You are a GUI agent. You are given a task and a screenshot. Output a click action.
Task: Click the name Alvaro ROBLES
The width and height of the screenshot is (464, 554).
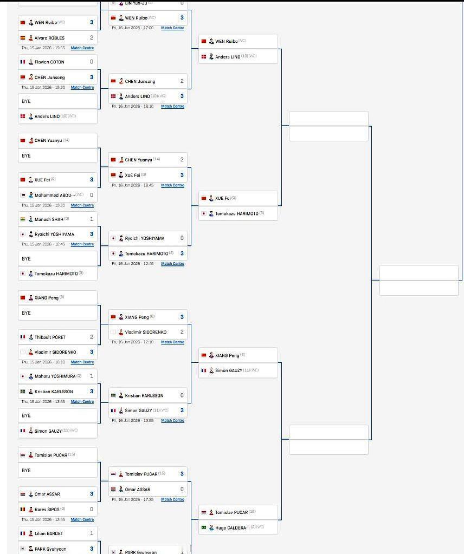[49, 38]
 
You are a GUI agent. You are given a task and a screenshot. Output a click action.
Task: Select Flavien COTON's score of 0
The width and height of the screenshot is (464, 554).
[92, 62]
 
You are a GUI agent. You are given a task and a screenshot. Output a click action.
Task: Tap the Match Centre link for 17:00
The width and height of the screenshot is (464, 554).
[172, 28]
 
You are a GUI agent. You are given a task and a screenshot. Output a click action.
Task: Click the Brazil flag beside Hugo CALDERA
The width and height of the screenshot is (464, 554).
[204, 527]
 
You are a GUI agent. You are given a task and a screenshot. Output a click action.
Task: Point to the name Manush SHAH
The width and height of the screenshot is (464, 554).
[49, 219]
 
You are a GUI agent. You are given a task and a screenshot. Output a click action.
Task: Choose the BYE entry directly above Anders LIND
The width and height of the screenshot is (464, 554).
[27, 101]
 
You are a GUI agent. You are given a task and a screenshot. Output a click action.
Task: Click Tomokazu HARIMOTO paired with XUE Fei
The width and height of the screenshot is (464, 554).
[237, 214]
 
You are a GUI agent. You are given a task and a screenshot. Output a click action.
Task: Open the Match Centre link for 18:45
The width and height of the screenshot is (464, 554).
[172, 185]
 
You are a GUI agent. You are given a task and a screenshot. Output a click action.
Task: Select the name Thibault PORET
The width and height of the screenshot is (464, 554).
[50, 337]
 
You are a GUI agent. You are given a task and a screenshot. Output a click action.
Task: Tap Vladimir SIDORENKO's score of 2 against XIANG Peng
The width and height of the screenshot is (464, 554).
[182, 332]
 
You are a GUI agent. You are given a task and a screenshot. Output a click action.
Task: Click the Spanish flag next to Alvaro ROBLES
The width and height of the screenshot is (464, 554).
[23, 38]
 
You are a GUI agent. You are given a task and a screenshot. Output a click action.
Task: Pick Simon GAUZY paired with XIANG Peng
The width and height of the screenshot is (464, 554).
[229, 370]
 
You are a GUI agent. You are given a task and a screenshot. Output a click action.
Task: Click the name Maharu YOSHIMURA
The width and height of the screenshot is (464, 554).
[55, 376]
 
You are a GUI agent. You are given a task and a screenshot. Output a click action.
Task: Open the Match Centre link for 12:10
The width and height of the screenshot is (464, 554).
[172, 342]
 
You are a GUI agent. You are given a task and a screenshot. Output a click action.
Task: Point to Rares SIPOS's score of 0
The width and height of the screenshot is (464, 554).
[92, 509]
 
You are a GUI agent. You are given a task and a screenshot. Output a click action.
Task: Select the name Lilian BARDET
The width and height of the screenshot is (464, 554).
[49, 533]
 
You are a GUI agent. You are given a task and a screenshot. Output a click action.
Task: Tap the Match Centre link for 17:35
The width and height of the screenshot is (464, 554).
[172, 499]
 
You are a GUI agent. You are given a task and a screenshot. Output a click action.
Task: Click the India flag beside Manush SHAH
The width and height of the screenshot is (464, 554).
[23, 219]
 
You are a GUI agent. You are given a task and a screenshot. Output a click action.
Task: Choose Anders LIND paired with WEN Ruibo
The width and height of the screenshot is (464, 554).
[228, 57]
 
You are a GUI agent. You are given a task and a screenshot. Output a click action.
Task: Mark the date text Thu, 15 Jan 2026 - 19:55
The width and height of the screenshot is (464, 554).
[43, 48]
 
